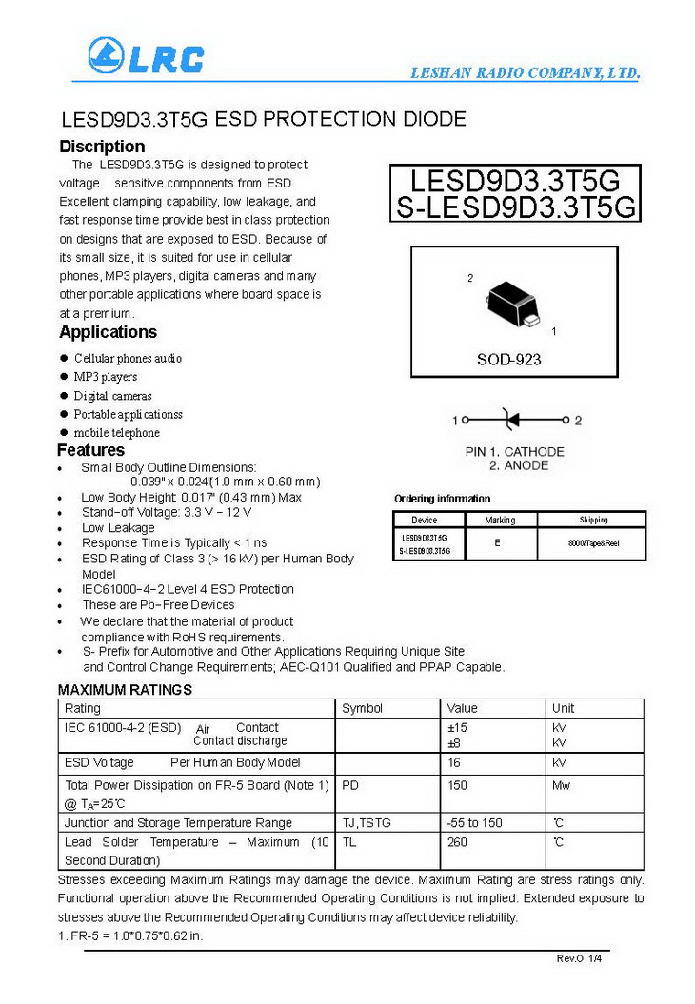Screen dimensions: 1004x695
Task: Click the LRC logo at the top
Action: (145, 58)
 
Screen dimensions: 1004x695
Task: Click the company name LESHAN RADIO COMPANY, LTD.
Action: (525, 73)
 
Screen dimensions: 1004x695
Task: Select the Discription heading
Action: (102, 147)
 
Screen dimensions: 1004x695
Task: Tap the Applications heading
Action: (108, 332)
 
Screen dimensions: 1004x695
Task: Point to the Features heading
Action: (90, 450)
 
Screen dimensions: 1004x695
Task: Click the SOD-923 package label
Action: (508, 360)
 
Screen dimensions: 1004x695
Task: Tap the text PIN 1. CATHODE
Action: (514, 452)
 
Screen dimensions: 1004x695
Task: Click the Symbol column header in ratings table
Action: (362, 708)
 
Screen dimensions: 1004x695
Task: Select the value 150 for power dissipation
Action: (458, 785)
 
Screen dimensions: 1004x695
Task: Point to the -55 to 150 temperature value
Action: (474, 822)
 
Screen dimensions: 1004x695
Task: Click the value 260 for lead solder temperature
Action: (458, 842)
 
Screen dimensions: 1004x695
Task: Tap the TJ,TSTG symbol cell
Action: (367, 822)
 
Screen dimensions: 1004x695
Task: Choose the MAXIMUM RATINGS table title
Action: (125, 689)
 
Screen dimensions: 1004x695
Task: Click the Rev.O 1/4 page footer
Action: (579, 957)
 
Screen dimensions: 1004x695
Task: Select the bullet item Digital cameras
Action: (112, 396)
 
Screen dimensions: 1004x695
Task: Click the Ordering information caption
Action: (442, 499)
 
